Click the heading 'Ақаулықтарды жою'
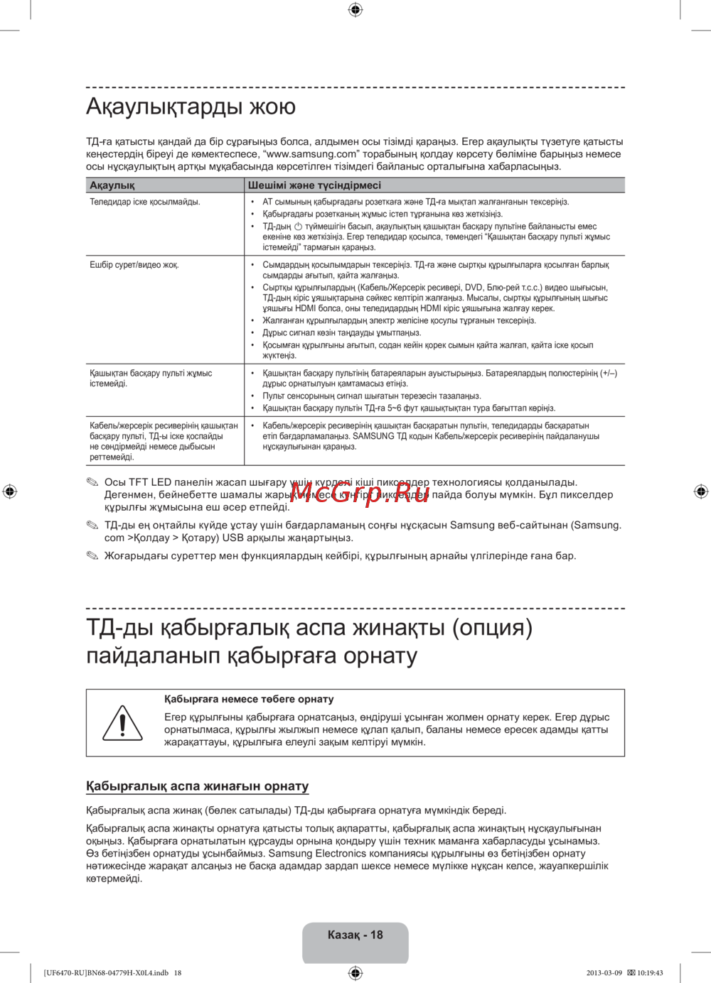(191, 107)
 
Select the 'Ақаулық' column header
(112, 185)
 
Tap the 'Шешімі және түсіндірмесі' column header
(314, 185)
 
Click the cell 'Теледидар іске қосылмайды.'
(145, 202)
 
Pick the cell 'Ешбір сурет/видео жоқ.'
(134, 265)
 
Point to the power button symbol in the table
(298, 226)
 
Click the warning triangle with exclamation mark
(122, 723)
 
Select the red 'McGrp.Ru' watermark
(360, 492)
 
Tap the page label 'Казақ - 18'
(355, 935)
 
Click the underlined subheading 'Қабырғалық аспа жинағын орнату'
(198, 786)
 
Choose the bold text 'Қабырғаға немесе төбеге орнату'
(249, 700)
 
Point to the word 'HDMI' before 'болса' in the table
(306, 309)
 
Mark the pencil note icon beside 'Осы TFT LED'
(92, 483)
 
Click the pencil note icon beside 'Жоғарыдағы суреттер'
(92, 556)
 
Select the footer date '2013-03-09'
(604, 973)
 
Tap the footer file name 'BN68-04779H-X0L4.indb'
(129, 973)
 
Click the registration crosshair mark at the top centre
(355, 9)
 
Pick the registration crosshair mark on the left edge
(9, 491)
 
